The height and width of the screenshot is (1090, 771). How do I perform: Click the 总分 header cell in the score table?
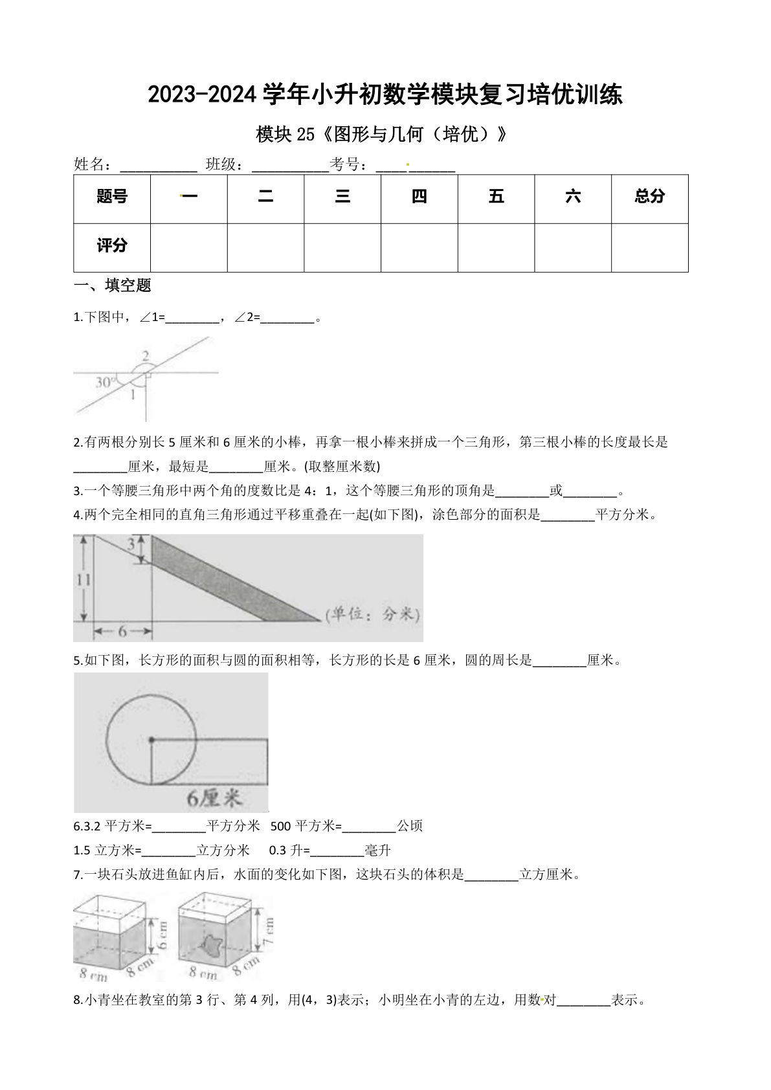coord(649,197)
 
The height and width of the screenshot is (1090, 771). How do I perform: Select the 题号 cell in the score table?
coord(112,197)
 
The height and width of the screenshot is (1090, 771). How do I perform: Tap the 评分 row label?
coord(112,246)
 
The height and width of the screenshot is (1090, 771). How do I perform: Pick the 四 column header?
coord(419,197)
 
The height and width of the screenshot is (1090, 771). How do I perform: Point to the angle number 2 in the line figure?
coord(146,355)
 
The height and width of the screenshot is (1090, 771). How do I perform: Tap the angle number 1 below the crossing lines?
coord(133,394)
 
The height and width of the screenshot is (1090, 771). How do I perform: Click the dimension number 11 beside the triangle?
coord(83,580)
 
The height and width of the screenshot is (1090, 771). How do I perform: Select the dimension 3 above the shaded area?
coord(131,545)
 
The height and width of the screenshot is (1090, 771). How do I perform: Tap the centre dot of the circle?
coord(151,739)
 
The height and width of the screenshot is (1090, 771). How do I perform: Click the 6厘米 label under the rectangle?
coord(215,799)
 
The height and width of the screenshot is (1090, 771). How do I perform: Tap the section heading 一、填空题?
coord(113,285)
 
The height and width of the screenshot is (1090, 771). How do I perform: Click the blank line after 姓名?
coord(159,166)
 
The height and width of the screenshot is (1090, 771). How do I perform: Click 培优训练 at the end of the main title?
coord(573,95)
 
